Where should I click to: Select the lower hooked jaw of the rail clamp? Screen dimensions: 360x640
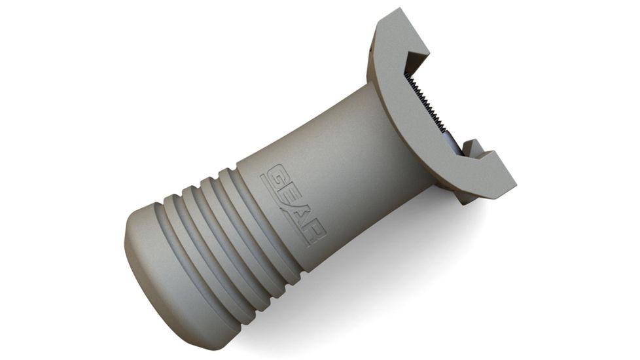click(492, 171)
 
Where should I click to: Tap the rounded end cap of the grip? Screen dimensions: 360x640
click(157, 262)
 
